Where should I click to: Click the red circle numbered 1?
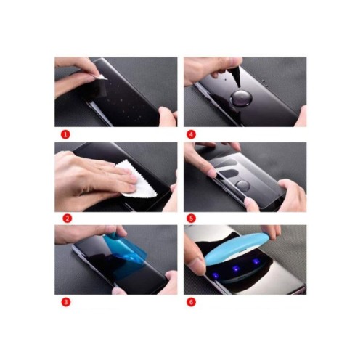pos(65,134)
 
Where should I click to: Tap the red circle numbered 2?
pos(65,218)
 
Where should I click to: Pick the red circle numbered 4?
pos(191,134)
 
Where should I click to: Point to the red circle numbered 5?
pos(191,218)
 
